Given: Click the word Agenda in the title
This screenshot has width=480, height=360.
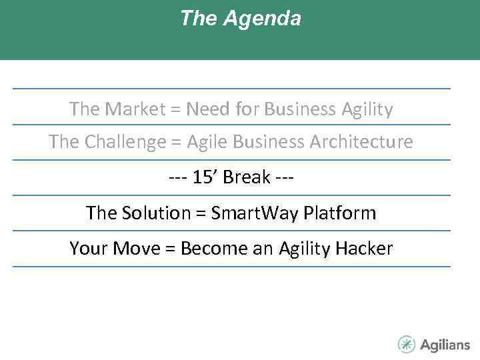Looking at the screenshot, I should [262, 19].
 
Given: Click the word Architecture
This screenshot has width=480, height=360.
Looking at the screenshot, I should [361, 142].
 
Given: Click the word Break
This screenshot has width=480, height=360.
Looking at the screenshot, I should [247, 177].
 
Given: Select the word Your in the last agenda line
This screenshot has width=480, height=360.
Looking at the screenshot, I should [90, 249].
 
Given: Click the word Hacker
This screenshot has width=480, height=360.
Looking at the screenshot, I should [364, 249].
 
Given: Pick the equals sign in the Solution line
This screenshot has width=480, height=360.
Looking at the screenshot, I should [200, 213].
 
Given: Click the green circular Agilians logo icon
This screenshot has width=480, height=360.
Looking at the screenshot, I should [406, 345].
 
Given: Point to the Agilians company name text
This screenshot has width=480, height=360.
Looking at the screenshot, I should [445, 345].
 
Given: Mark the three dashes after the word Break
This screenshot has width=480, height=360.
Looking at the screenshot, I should [285, 177].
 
